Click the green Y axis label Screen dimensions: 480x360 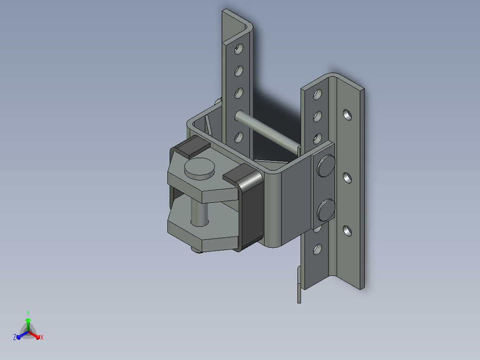click(28, 313)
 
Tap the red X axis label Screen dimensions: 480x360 click(42, 337)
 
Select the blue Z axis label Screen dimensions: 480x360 click(15, 337)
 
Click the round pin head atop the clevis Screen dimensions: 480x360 click(199, 168)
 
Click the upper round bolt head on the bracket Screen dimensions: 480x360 click(326, 166)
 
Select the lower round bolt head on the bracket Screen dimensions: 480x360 click(326, 210)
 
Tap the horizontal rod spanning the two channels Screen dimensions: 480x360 click(267, 132)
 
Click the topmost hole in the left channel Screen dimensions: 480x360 click(239, 49)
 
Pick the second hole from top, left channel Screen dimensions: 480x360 click(239, 71)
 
